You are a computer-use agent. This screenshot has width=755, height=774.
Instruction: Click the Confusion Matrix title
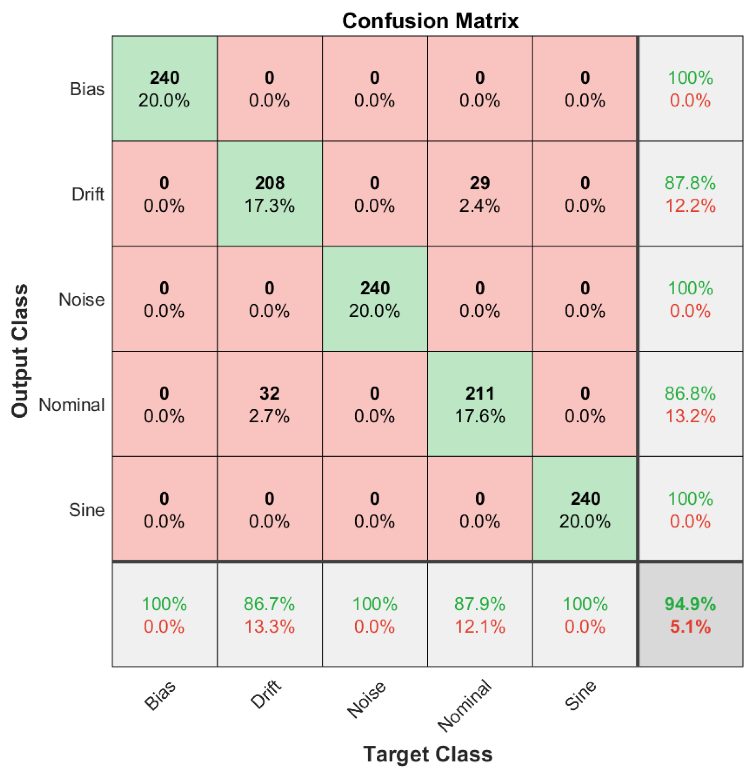[x=430, y=20]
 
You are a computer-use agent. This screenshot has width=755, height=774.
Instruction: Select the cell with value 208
[x=270, y=193]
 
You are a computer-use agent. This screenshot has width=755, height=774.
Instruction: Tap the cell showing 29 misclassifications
[x=480, y=193]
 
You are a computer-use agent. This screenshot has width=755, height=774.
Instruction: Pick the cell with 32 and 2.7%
[x=270, y=404]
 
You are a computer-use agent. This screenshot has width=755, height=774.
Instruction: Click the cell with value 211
[x=480, y=404]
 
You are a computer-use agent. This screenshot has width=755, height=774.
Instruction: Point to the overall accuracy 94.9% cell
[x=690, y=615]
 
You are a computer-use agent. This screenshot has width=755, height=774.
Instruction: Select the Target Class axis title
[x=427, y=754]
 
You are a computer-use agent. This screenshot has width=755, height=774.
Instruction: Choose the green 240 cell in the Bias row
[x=164, y=89]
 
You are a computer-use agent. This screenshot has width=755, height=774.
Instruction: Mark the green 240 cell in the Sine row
[x=585, y=509]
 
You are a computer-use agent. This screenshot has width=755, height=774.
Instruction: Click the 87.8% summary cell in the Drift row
[x=690, y=193]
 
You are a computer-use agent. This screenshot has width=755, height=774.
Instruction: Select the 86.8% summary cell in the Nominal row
[x=690, y=404]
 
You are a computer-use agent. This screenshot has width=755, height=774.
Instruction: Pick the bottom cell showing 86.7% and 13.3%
[x=270, y=615]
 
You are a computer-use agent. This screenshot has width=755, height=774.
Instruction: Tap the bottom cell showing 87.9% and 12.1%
[x=480, y=615]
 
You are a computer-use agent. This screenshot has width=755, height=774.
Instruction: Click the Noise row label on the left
[x=82, y=300]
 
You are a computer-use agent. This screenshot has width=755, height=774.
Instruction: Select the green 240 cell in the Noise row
[x=375, y=299]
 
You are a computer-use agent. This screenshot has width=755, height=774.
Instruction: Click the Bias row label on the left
[x=87, y=89]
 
